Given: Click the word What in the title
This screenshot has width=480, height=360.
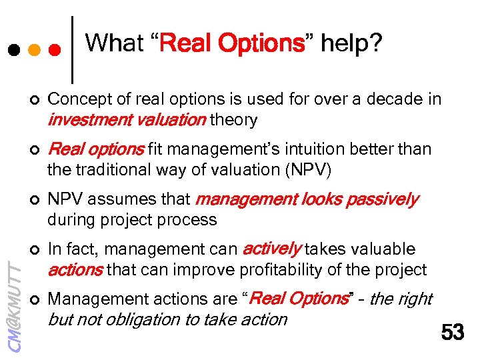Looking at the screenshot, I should (x=114, y=43).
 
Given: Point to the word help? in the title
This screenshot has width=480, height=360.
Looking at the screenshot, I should (x=351, y=43).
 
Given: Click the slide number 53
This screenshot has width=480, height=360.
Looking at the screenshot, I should (x=453, y=331).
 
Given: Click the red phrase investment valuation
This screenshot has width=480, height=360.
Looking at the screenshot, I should (x=127, y=120).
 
